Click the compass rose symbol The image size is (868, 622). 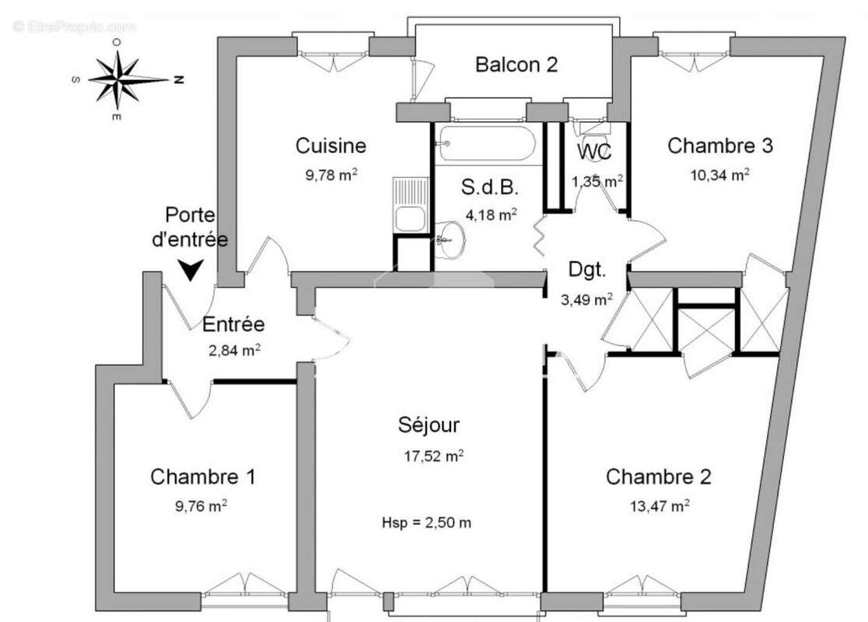click(x=118, y=79)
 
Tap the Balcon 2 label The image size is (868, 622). click(x=516, y=65)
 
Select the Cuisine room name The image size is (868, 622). click(x=331, y=145)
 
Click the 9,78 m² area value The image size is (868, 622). click(x=331, y=175)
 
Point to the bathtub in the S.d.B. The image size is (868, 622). click(x=486, y=144)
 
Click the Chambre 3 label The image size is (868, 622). click(x=720, y=145)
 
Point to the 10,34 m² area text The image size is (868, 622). click(x=720, y=175)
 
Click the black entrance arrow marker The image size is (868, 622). click(x=190, y=270)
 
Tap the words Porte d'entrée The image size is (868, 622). click(x=190, y=227)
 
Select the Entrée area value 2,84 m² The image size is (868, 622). click(x=234, y=351)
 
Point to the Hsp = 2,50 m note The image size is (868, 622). click(x=426, y=522)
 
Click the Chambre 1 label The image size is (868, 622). click(x=202, y=477)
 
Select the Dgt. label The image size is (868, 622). click(x=586, y=270)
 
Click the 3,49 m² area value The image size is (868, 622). click(x=586, y=299)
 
